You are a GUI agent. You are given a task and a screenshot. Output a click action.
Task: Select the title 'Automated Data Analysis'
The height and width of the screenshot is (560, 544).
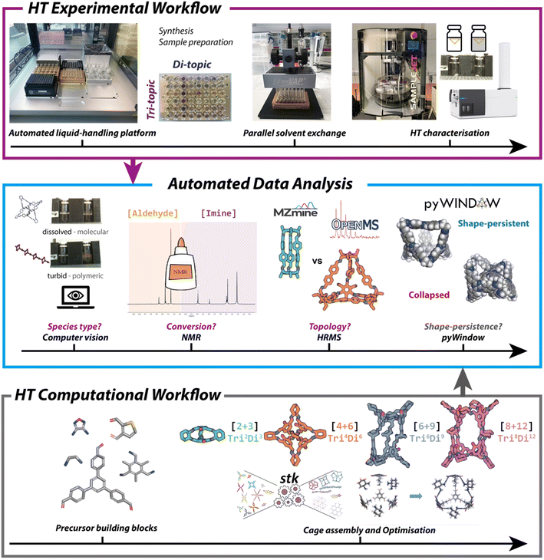pos(272,185)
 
